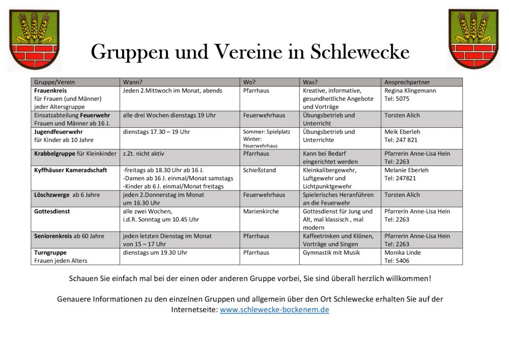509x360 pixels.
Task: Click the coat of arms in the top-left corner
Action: coord(34,39)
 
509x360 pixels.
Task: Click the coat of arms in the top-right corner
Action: coord(473,39)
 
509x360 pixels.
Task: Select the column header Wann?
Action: coord(132,82)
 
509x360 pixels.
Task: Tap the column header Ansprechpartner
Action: coord(407,82)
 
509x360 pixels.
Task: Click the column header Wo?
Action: coord(249,82)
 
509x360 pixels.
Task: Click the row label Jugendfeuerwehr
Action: coord(58,132)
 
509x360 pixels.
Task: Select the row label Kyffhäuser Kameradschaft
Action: coord(71,170)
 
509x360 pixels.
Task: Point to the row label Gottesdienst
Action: coord(52,211)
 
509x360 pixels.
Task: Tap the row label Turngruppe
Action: coord(50,253)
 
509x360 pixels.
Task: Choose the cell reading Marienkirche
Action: coord(261,211)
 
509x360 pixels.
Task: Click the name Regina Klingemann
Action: coord(410,91)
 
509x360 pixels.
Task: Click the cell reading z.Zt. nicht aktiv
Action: coord(144,153)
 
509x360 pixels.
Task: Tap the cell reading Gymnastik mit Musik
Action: coord(331,253)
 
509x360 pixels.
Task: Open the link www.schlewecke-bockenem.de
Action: coord(274,310)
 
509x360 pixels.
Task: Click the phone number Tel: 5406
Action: coord(397,261)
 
